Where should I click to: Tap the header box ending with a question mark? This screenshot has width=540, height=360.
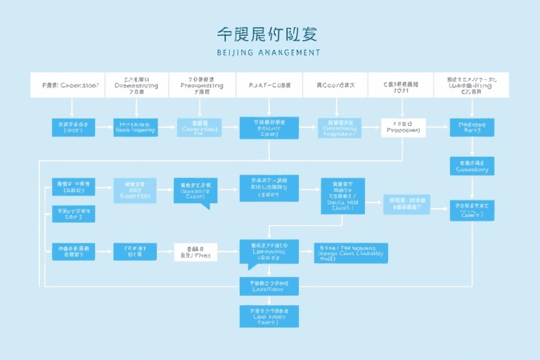tap(70, 85)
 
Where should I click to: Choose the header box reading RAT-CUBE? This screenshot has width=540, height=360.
tap(269, 85)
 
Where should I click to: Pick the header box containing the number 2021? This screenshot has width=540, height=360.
tap(401, 85)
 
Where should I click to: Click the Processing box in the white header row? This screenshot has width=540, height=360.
tap(202, 85)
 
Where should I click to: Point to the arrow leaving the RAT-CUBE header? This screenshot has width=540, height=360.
tap(269, 107)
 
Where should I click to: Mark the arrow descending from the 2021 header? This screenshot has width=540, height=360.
tap(402, 107)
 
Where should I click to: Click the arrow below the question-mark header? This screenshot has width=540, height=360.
tap(72, 108)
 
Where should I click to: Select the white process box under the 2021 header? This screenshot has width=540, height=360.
tap(403, 127)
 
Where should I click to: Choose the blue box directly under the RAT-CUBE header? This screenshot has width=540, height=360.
tap(269, 127)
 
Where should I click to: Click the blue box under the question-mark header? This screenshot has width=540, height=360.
tap(72, 127)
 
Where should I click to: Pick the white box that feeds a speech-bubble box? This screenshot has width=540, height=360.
tap(195, 252)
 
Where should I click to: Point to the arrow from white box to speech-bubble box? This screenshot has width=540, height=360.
tap(229, 252)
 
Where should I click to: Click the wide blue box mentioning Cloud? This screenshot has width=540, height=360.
tap(351, 253)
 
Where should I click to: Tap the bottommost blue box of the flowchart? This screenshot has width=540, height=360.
tap(269, 316)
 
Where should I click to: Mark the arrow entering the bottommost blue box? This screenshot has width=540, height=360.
tap(269, 300)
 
